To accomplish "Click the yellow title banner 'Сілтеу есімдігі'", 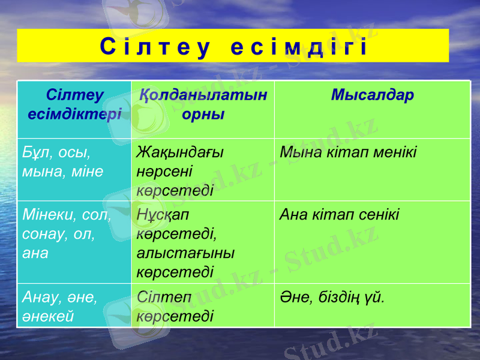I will [233, 46].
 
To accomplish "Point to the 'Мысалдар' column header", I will [372, 96].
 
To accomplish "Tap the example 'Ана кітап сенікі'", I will [340, 215].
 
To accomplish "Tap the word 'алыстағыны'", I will [185, 253].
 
